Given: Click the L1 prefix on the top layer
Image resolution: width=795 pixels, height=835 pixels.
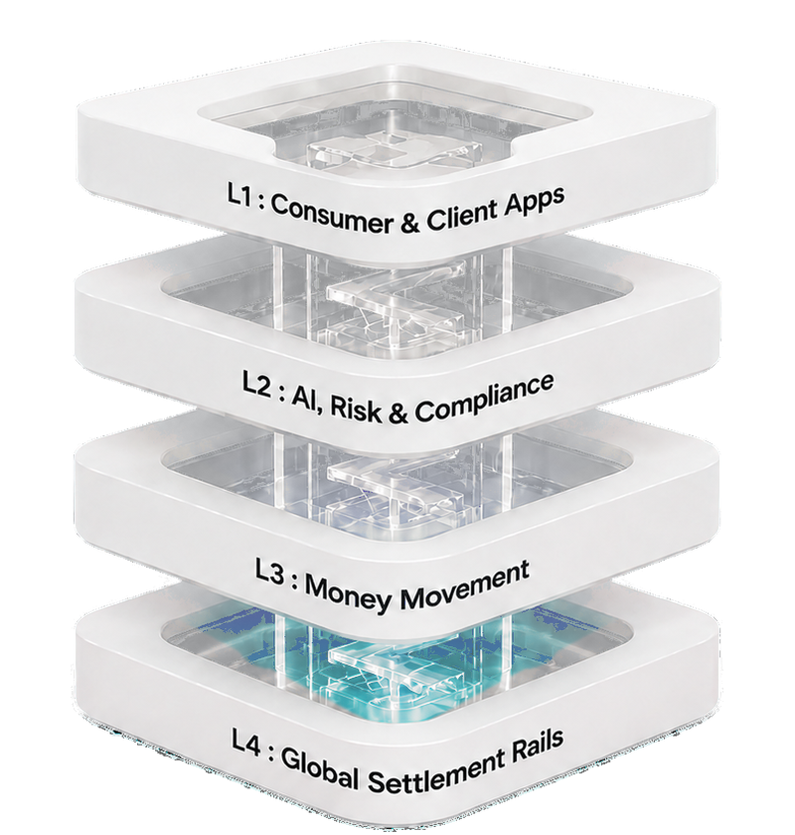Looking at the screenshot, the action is [239, 196].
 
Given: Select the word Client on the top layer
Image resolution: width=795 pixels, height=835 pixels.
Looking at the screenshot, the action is [460, 217].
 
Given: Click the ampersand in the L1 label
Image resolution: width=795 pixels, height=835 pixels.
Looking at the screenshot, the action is [409, 224].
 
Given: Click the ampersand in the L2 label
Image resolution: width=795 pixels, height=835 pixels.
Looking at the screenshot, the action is [397, 414].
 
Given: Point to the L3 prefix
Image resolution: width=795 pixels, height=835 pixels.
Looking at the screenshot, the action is [269, 575].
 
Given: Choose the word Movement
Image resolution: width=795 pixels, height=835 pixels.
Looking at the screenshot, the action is [464, 584].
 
